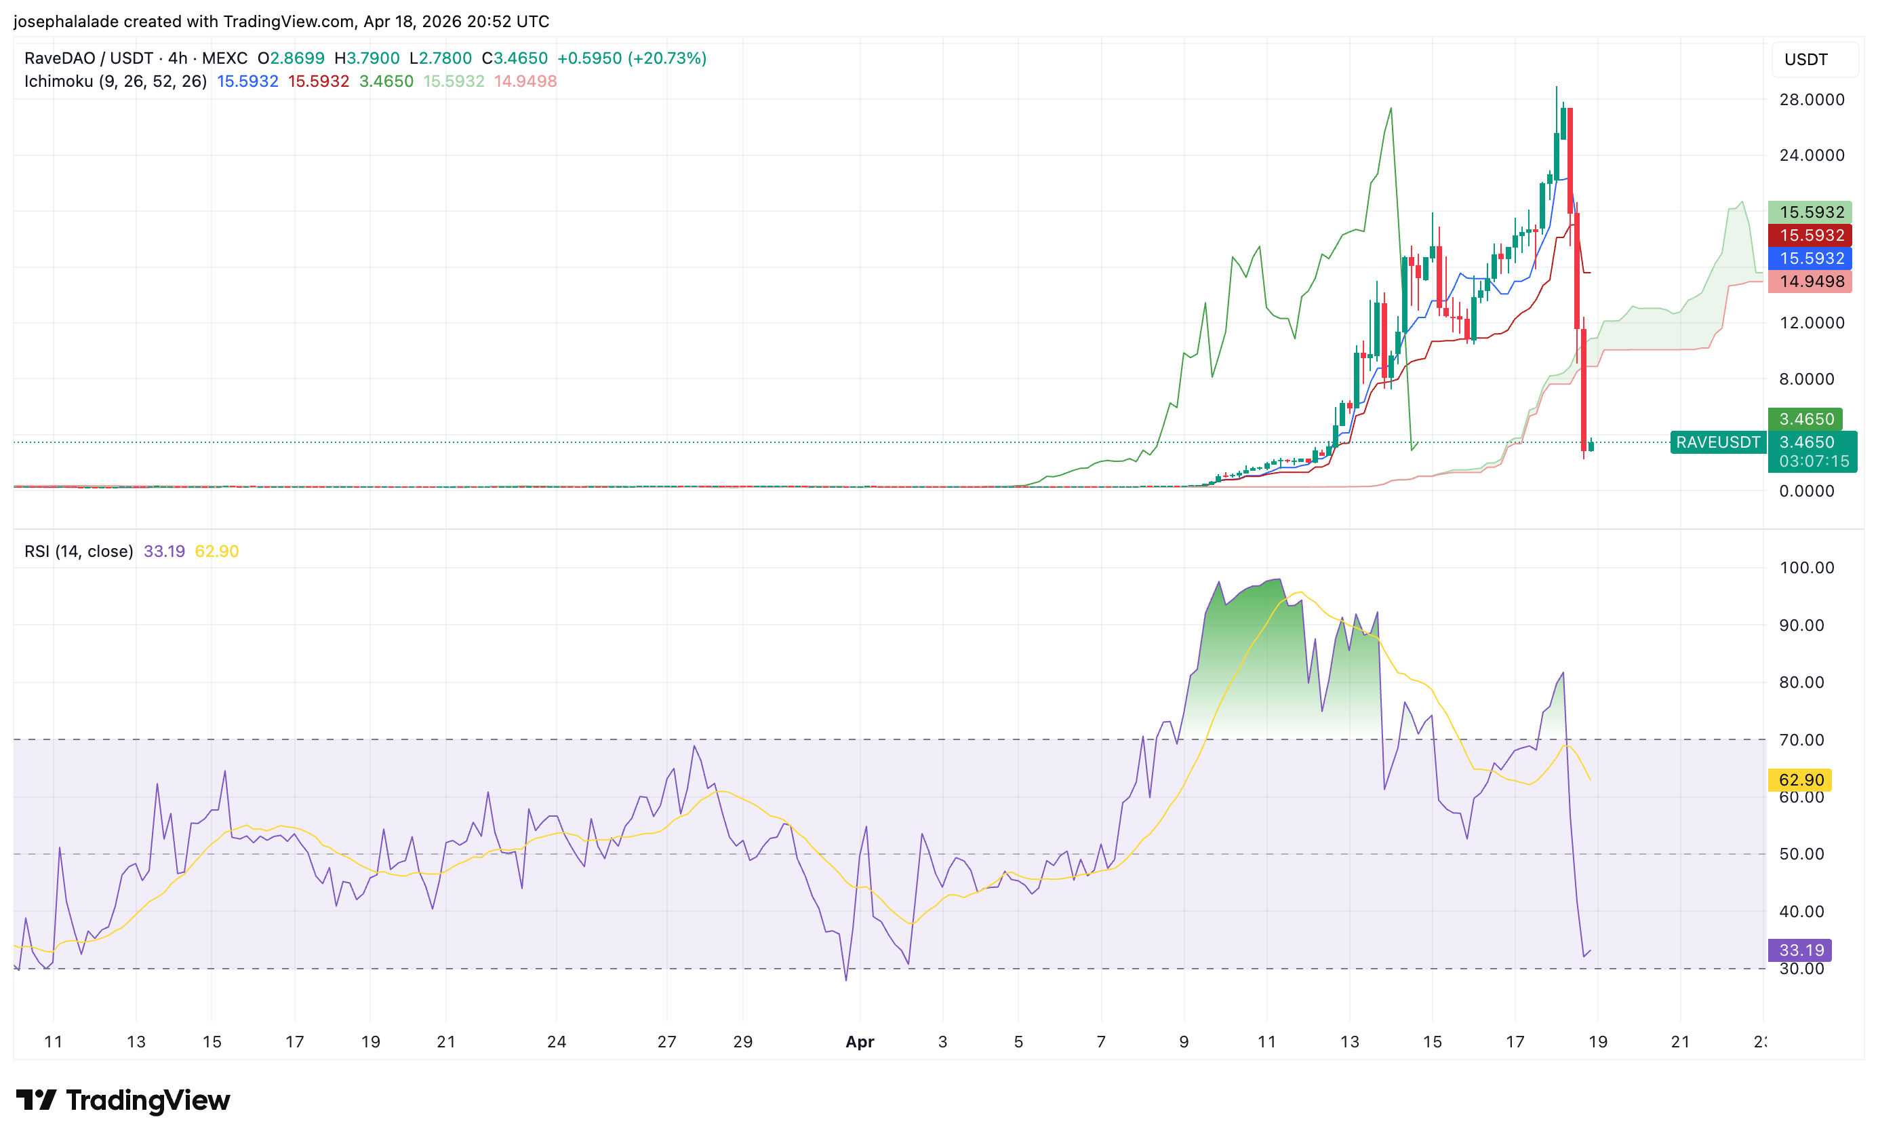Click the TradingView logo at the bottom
[x=123, y=1100]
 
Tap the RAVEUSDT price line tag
[x=1717, y=442]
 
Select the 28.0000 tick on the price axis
[x=1811, y=100]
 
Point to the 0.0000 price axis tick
[x=1805, y=491]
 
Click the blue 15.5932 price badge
[x=1811, y=258]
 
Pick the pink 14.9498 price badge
[x=1811, y=282]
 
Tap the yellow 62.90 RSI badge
[x=1800, y=779]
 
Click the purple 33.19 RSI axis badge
[x=1800, y=950]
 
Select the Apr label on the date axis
[x=860, y=1042]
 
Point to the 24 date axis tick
[x=557, y=1042]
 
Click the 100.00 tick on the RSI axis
[x=1805, y=568]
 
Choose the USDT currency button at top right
[x=1805, y=60]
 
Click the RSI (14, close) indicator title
[x=79, y=552]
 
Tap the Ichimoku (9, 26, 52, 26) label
[x=115, y=81]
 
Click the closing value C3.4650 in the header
[x=515, y=59]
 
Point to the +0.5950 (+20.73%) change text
[x=631, y=59]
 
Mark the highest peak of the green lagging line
[x=1391, y=109]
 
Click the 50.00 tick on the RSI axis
[x=1800, y=854]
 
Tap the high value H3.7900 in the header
[x=367, y=59]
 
